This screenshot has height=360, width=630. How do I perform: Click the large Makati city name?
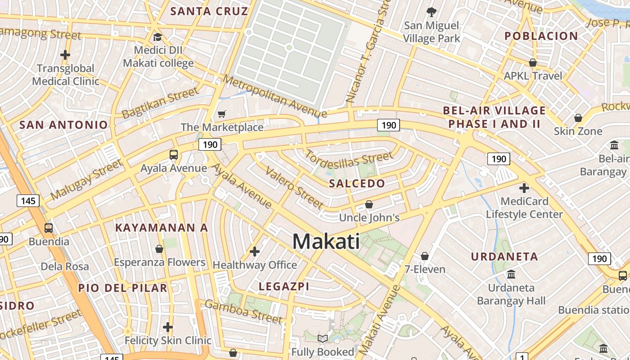click(326, 242)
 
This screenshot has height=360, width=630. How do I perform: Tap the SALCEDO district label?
click(357, 183)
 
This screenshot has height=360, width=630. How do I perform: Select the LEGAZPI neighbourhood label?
click(284, 286)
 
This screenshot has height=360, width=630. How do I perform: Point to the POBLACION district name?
click(541, 36)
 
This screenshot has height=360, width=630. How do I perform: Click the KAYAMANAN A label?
click(162, 228)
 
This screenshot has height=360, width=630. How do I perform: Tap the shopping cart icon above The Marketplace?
click(221, 114)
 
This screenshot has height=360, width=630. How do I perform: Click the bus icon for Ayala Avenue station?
click(174, 155)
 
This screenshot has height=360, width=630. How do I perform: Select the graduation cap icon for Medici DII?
click(157, 37)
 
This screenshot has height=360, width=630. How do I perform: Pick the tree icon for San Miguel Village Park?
click(432, 12)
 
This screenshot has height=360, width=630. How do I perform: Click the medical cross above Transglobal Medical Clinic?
click(65, 55)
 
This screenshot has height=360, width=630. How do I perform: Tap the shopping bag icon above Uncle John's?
click(369, 204)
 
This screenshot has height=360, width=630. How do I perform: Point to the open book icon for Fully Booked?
click(323, 338)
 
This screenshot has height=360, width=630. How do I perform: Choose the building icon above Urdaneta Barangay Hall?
click(511, 274)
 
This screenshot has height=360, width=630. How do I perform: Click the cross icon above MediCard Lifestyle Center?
click(524, 188)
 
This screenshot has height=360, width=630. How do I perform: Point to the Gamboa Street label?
click(243, 311)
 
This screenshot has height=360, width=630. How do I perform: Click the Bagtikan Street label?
click(160, 103)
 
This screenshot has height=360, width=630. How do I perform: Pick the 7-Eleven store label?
click(425, 270)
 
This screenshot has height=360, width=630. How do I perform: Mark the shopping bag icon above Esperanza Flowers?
click(159, 249)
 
